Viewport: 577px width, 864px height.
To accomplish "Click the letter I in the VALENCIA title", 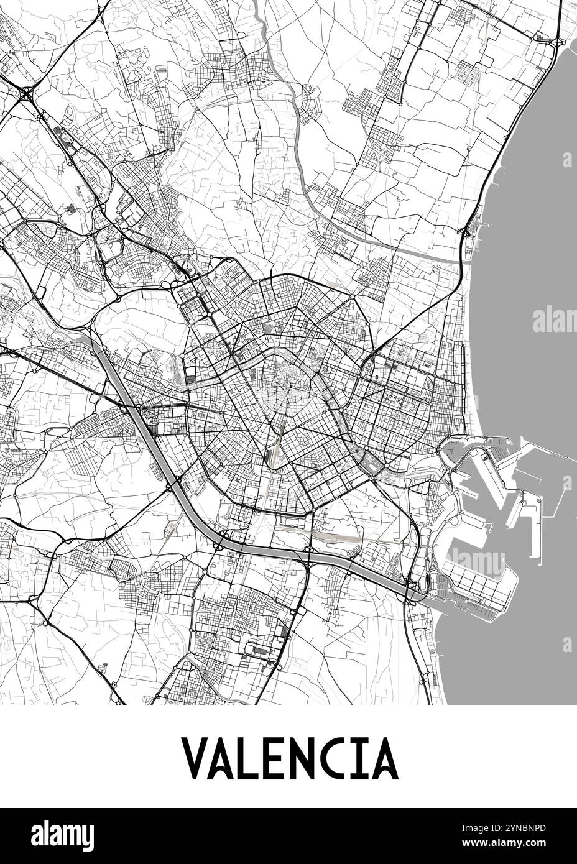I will pos(358,759).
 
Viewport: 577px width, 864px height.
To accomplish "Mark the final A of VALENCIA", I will pos(383,759).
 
